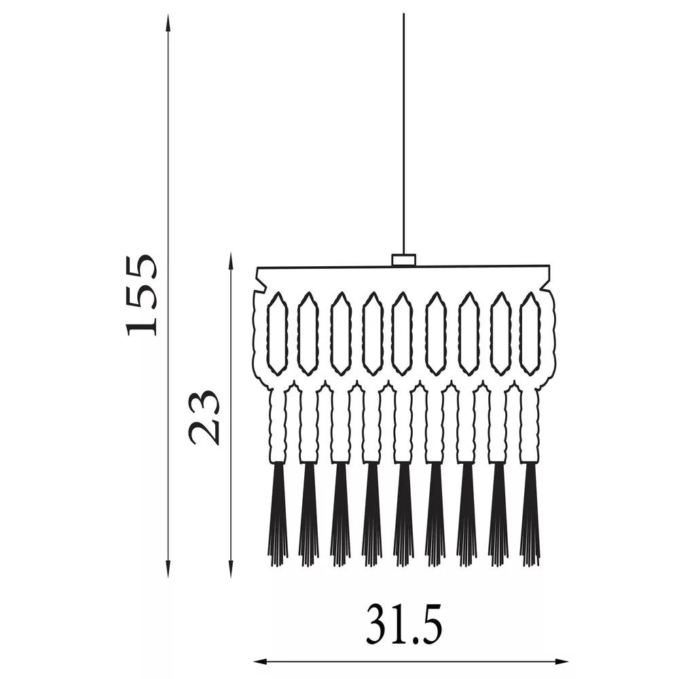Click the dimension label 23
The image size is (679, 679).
tap(203, 417)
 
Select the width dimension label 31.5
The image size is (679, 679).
tap(404, 623)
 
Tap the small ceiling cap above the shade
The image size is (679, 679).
tap(403, 260)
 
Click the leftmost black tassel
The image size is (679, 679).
tap(278, 514)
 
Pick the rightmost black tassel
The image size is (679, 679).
tap(530, 514)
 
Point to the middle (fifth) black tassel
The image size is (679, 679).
tap(403, 514)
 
